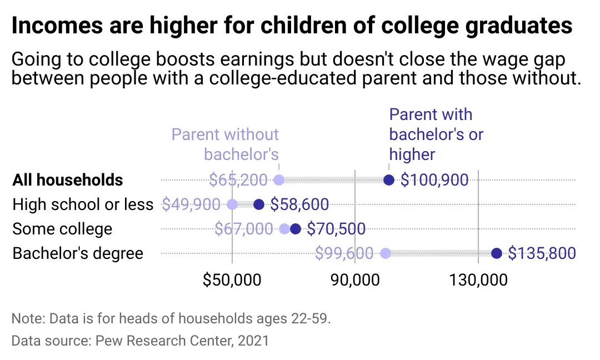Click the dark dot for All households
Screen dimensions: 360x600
click(x=389, y=180)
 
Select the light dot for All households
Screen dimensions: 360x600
click(x=279, y=180)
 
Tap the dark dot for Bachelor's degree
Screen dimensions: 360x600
click(x=497, y=253)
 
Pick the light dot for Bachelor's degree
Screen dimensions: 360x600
click(x=385, y=253)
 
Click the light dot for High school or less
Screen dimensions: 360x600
click(x=232, y=204)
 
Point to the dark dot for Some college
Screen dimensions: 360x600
click(x=296, y=229)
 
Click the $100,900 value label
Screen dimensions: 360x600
click(x=434, y=180)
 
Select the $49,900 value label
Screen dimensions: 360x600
click(x=191, y=204)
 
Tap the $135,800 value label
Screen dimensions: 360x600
click(x=542, y=253)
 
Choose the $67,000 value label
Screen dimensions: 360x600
click(x=243, y=229)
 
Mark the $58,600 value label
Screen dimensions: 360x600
click(x=299, y=204)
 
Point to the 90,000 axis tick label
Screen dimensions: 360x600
click(x=355, y=279)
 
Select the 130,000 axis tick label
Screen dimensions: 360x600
click(x=478, y=279)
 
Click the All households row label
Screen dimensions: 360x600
click(x=68, y=180)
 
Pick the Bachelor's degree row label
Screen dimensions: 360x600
click(x=78, y=253)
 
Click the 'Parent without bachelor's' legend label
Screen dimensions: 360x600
click(x=226, y=143)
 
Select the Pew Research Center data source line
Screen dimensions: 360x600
click(x=140, y=340)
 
